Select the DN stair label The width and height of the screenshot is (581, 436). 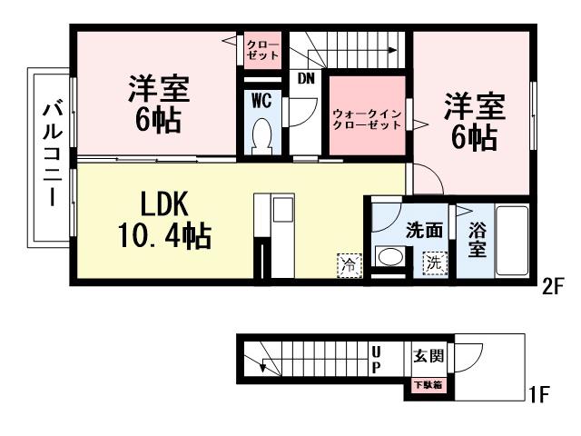coord(306,78)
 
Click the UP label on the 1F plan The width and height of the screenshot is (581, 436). coord(374,359)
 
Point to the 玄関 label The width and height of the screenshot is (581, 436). coord(428,355)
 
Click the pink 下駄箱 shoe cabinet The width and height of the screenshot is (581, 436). coord(428,385)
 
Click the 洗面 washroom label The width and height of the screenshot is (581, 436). coord(424,231)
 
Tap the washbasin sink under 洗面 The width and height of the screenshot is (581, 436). coord(390,258)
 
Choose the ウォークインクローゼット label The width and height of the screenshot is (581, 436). coord(367,119)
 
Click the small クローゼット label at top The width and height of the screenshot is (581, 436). coord(263,48)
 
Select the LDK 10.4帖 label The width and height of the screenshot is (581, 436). coord(163,218)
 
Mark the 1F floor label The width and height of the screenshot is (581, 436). coord(538,395)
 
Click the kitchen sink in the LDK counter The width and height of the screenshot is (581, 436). coord(281,211)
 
